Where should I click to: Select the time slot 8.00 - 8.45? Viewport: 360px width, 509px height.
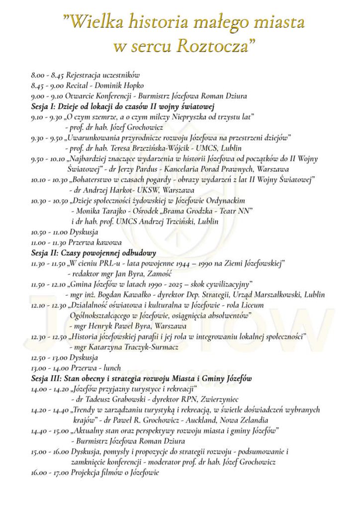pos(47,75)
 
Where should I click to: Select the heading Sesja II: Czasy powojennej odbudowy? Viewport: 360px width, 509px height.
pos(93,252)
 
